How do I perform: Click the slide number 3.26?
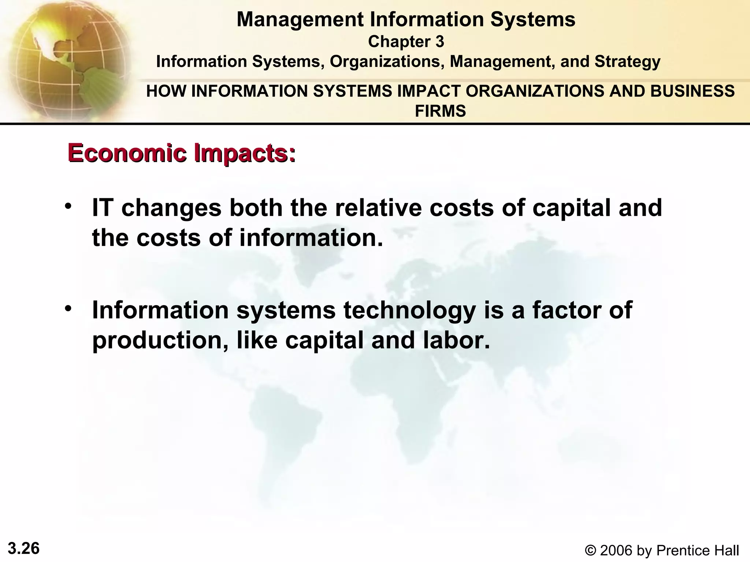(x=24, y=548)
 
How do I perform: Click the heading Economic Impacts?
(x=182, y=153)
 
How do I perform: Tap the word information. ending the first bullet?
(x=311, y=238)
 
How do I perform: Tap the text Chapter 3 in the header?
(x=406, y=42)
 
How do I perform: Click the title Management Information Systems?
(x=406, y=19)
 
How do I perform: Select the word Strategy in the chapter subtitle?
(x=627, y=61)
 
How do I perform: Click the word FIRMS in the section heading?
(x=440, y=110)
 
